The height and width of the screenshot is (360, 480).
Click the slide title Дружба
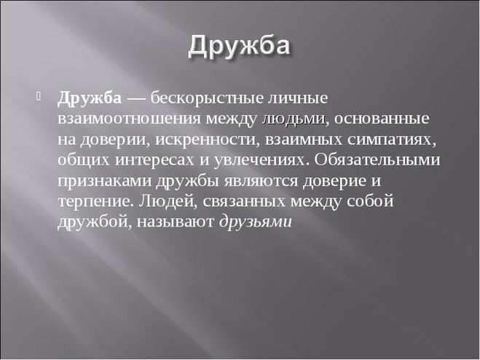tap(239, 46)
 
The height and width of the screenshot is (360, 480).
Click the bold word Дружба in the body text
tap(90, 98)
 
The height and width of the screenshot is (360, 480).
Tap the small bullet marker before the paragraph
tap(39, 96)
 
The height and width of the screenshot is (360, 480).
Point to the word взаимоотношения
tap(130, 119)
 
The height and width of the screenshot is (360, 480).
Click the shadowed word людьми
tap(294, 120)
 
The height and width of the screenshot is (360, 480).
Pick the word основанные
tap(382, 119)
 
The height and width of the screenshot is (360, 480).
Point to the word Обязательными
tap(377, 160)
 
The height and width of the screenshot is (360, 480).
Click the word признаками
tap(104, 181)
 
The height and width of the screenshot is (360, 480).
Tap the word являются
tap(261, 181)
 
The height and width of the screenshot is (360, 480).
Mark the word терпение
tap(96, 202)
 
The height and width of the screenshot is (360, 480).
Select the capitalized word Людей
tap(168, 202)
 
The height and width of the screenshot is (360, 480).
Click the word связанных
tap(244, 202)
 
